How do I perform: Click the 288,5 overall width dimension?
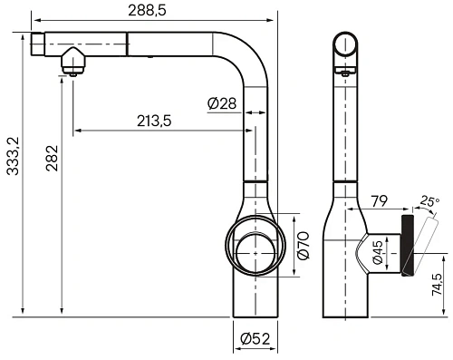(147, 11)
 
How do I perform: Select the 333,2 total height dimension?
(13, 156)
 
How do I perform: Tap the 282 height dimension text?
(52, 158)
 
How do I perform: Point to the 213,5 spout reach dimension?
(154, 121)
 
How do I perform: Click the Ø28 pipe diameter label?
(222, 103)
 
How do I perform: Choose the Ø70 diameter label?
(304, 246)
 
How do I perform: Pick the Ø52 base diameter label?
(255, 339)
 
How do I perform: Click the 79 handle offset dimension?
(379, 201)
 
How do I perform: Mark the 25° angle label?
(429, 201)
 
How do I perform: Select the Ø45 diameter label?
(378, 252)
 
